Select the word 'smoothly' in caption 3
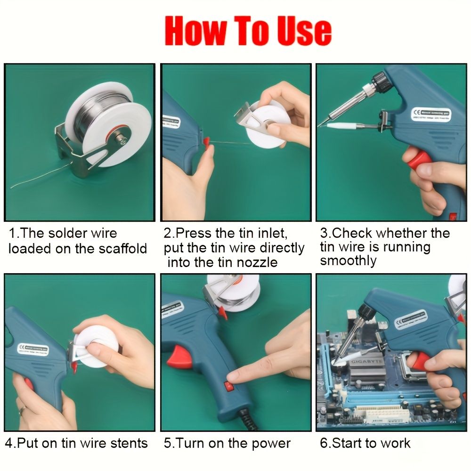click(x=349, y=261)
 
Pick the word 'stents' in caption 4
click(x=127, y=443)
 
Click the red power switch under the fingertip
click(x=230, y=387)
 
